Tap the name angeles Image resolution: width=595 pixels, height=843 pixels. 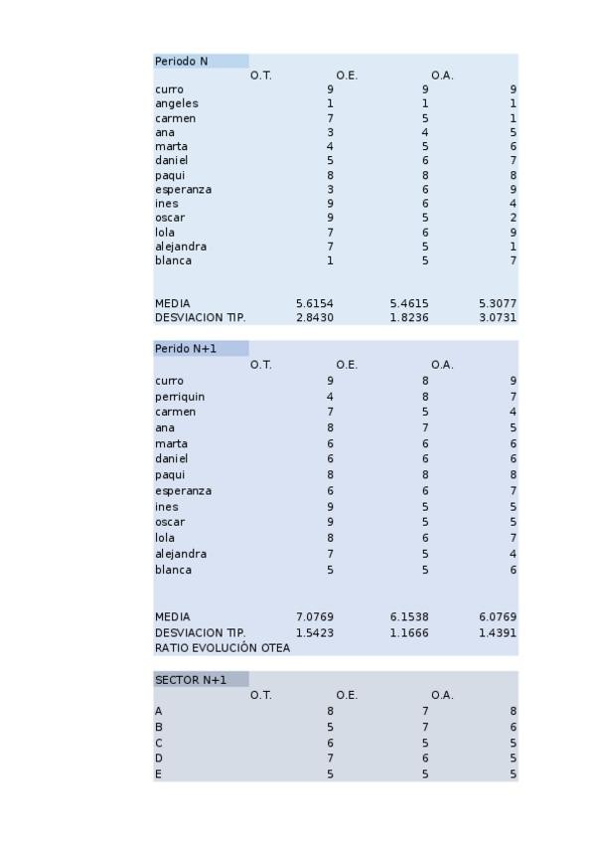177,103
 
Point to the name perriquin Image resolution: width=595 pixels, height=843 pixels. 180,397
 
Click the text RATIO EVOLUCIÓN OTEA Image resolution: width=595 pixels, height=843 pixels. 223,648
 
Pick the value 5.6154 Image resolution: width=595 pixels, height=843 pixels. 314,303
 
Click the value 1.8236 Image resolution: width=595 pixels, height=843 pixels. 409,318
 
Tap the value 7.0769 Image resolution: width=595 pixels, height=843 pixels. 314,617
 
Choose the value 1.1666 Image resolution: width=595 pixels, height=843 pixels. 409,632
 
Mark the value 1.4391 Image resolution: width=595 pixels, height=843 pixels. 497,632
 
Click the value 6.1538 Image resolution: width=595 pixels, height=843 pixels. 409,617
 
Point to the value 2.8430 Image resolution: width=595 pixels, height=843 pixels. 314,318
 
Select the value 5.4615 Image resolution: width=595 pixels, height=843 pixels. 409,303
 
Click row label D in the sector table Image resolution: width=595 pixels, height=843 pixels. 159,759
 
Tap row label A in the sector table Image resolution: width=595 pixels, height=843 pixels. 159,712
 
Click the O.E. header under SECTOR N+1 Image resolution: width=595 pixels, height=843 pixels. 347,695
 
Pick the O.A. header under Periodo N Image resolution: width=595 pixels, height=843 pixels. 442,76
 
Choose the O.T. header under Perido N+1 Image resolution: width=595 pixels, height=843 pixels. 261,365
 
